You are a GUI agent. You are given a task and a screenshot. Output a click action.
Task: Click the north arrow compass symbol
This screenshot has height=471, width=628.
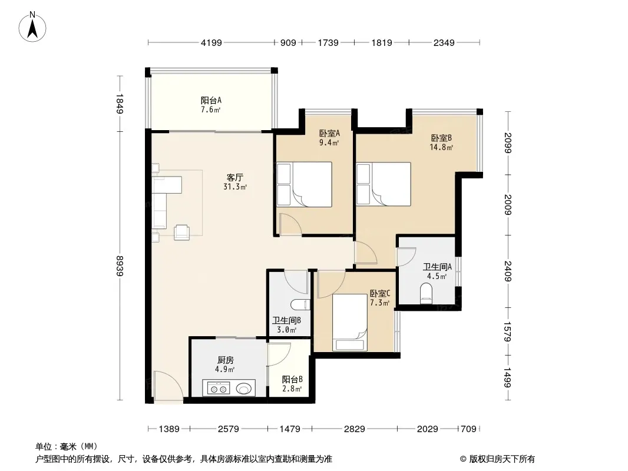(32, 27)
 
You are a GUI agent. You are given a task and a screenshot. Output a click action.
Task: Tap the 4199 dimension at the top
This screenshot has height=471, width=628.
(211, 42)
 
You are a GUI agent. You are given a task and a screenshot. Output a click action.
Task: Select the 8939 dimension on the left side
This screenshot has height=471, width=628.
(120, 266)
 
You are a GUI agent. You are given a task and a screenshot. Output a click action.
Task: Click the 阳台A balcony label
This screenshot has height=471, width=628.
(211, 100)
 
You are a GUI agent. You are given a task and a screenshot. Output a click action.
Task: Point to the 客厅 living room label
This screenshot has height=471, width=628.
(235, 177)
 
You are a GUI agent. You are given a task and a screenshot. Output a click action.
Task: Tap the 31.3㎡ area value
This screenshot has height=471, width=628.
(235, 187)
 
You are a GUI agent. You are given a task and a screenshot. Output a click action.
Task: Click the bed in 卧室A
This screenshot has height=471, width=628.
(305, 184)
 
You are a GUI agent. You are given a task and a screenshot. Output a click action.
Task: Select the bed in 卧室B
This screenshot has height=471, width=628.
(384, 184)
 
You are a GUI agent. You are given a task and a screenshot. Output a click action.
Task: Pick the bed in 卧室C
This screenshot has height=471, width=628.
(350, 323)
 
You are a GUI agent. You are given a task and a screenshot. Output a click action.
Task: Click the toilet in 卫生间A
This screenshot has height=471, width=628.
(426, 293)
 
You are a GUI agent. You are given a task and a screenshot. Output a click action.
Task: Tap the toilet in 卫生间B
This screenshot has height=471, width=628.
(300, 305)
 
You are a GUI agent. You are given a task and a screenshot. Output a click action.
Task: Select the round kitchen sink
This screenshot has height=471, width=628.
(244, 388)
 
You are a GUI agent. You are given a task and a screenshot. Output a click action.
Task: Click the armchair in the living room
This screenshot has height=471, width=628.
(182, 233)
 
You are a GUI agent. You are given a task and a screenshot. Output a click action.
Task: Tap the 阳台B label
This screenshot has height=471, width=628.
(292, 379)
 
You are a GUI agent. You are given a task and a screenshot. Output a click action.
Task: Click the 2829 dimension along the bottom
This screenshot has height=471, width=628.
(355, 429)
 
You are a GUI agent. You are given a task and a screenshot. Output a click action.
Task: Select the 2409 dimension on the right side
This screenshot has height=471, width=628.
(507, 271)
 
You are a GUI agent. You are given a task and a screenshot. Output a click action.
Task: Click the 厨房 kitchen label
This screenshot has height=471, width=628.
(226, 360)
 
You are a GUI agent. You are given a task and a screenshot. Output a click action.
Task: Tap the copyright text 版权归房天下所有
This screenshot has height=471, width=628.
(502, 459)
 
